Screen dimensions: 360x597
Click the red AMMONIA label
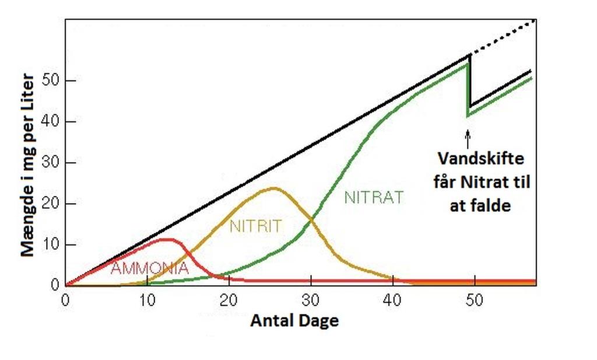(x=150, y=268)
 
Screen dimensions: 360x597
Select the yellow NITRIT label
(x=255, y=226)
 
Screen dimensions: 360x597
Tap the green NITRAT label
(x=373, y=198)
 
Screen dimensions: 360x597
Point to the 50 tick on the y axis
(x=51, y=81)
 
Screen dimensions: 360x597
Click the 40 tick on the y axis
(x=51, y=121)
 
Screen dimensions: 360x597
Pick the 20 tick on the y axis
(x=51, y=204)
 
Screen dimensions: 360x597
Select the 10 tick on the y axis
(x=51, y=244)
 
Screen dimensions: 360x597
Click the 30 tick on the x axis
(x=311, y=298)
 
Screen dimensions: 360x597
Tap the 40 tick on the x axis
(x=393, y=298)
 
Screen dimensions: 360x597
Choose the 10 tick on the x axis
(x=147, y=298)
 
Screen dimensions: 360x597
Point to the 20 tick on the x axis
(x=229, y=298)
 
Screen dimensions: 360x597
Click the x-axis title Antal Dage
(x=294, y=320)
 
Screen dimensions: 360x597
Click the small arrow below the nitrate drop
(x=468, y=139)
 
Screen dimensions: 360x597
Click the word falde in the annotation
(x=491, y=205)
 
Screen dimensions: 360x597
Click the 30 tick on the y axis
(x=51, y=163)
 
